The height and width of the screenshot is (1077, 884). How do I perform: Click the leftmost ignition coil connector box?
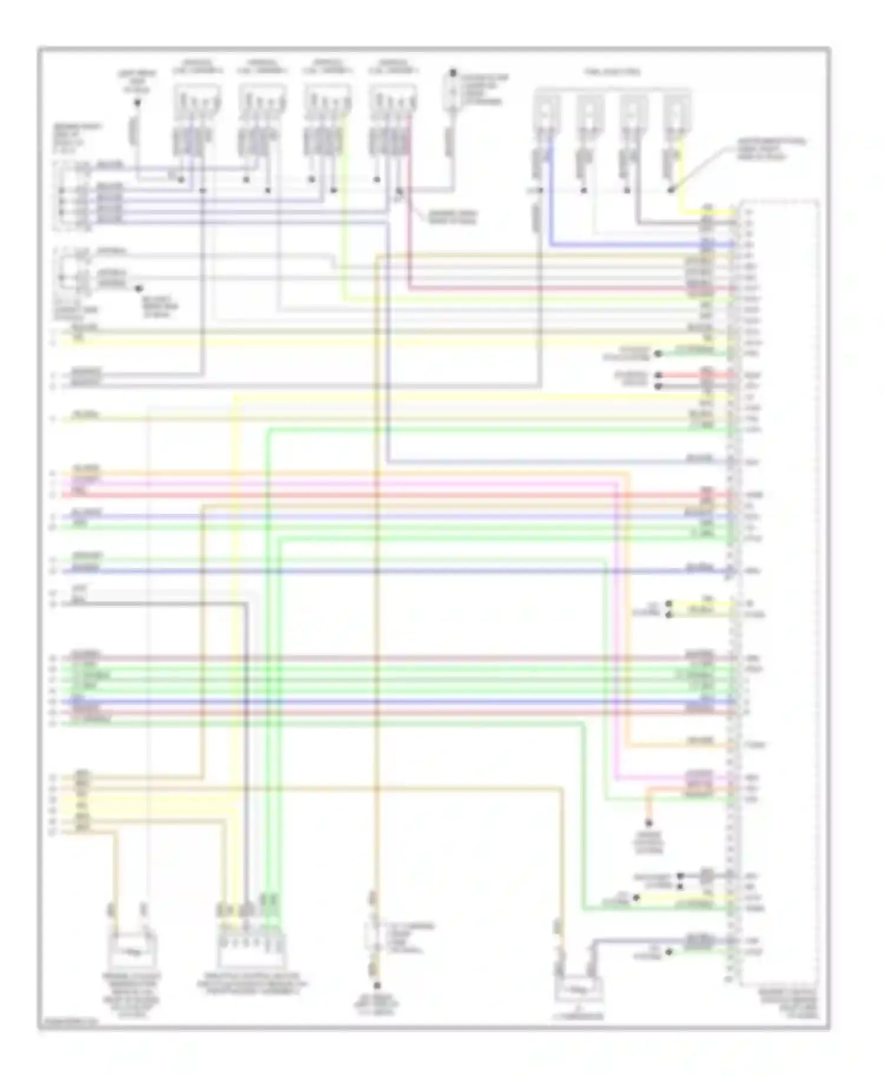(197, 98)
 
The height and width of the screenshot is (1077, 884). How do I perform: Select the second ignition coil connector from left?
(262, 98)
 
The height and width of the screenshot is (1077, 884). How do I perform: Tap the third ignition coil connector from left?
(328, 98)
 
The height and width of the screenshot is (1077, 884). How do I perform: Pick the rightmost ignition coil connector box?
(393, 98)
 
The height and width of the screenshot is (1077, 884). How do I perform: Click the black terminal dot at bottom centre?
(377, 985)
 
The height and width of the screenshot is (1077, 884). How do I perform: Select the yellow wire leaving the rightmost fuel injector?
(684, 177)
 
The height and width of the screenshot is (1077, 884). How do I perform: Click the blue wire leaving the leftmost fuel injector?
(551, 194)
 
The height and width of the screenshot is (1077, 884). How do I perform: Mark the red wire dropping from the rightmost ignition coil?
(407, 236)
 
